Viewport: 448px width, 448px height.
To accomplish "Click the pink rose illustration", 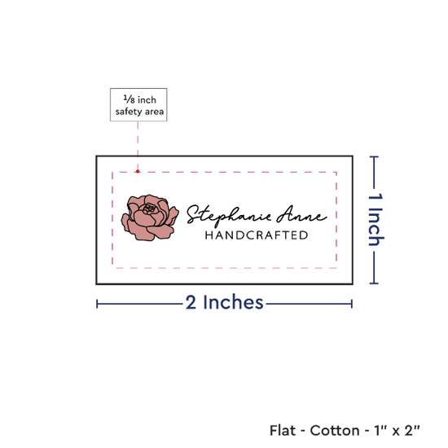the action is pos(150,217).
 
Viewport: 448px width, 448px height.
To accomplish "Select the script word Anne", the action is pos(301,214).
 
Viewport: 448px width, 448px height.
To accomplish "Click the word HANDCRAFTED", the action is pos(257,235).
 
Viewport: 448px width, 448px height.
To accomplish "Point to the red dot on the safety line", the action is pos(138,171).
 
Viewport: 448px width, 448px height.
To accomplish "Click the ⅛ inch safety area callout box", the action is pos(138,104).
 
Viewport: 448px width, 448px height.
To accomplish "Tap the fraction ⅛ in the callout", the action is pos(129,99).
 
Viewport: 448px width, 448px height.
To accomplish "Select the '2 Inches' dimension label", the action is pos(224,302).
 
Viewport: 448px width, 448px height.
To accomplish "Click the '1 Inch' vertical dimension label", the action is pos(376,219).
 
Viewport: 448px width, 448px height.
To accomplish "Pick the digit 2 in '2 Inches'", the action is pos(191,302).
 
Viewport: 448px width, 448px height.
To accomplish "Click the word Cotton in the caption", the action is pos(335,430).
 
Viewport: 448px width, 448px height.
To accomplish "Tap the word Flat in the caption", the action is pos(283,430).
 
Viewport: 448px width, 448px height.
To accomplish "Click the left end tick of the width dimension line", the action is pos(97,304).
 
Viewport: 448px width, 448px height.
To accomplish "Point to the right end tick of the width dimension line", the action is pos(352,304).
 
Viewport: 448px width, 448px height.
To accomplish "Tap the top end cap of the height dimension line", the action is pos(374,156).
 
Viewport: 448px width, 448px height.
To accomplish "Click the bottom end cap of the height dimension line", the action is pos(374,283).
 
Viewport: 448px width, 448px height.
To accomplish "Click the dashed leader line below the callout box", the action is pos(138,146).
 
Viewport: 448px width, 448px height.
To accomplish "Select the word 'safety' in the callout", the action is pos(128,112).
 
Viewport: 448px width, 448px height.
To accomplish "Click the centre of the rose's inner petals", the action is pos(149,208).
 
